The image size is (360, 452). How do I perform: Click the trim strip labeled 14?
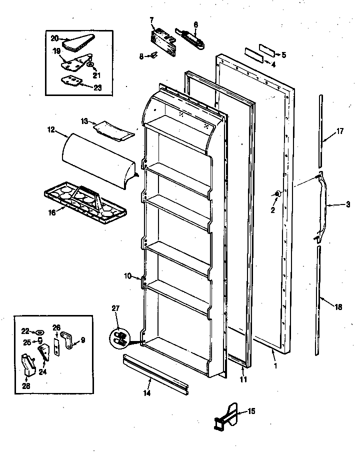155,373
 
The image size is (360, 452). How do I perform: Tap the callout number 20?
54,38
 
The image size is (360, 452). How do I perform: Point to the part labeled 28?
27,364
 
